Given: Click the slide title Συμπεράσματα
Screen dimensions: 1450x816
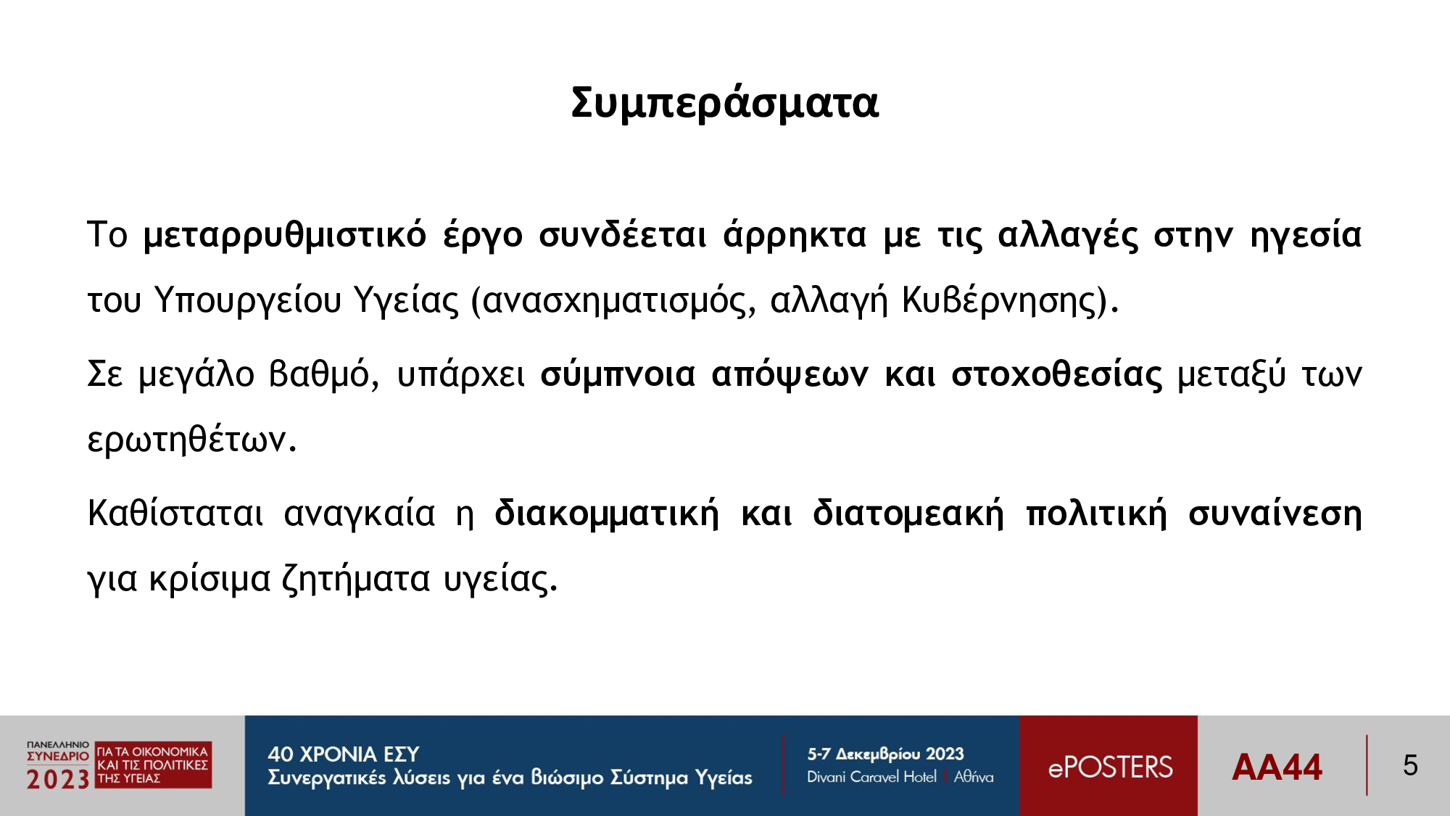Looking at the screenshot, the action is coord(724,102).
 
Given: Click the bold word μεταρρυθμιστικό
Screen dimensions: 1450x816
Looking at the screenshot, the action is coord(285,235).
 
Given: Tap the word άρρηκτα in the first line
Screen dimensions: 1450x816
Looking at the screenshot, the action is coord(795,234).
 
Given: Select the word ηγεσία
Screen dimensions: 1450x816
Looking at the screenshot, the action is coord(1306,235).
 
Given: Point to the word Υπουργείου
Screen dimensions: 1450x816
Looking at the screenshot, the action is coord(248,300).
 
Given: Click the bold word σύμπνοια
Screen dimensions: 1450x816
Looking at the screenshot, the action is coord(618,375).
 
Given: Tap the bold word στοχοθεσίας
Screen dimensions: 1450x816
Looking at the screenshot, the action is coord(1056,374).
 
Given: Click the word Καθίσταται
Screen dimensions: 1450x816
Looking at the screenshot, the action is coord(175,513).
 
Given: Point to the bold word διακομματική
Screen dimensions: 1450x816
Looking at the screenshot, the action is coord(607,514).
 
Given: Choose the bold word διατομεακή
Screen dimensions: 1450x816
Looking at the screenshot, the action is coord(908,514).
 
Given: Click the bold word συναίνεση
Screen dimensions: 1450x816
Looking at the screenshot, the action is coord(1275,514).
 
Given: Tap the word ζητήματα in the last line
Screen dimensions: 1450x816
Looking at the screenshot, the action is coord(356,579).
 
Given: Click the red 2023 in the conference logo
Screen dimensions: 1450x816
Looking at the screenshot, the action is coord(58,779).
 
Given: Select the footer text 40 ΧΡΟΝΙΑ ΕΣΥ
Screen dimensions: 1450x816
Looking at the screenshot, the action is coord(344,754).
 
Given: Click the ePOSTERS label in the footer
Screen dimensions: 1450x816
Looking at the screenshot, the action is coord(1110,767).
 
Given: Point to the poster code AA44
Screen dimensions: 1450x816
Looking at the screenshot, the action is coord(1277,767).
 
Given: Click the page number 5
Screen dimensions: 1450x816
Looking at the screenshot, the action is coord(1410,765).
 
